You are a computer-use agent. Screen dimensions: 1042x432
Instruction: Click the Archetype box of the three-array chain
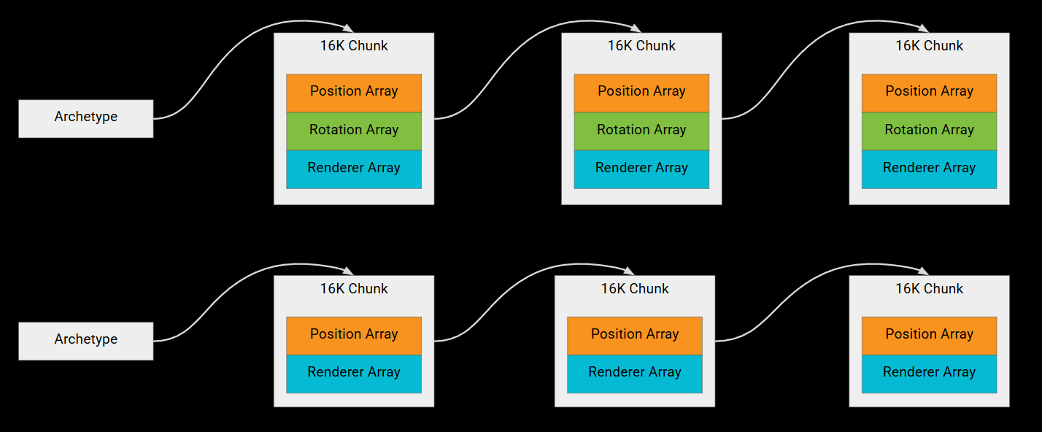point(86,118)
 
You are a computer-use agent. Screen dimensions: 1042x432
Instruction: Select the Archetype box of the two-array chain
point(86,341)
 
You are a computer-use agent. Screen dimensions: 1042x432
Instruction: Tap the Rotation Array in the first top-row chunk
point(354,131)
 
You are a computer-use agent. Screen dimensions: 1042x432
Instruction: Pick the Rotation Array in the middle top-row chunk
point(641,131)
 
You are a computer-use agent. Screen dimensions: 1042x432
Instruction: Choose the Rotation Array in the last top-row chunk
point(930,131)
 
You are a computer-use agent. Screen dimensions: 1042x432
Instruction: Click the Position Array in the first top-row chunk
point(354,93)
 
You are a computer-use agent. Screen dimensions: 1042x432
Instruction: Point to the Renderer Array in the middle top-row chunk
point(641,169)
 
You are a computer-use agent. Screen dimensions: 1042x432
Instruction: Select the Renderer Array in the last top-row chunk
point(930,169)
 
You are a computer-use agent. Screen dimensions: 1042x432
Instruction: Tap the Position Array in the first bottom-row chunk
point(354,336)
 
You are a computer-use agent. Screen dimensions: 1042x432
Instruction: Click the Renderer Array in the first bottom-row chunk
point(354,374)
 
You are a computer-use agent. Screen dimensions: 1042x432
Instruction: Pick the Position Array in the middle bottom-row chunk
point(635,336)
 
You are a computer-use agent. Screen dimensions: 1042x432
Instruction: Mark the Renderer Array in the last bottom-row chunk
point(930,374)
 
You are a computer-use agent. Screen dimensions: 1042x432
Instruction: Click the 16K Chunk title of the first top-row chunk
point(354,45)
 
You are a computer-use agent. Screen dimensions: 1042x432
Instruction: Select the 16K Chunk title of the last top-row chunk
point(930,45)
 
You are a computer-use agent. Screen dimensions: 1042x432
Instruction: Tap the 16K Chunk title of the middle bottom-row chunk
point(635,288)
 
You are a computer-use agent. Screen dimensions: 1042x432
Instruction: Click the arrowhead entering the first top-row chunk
point(348,28)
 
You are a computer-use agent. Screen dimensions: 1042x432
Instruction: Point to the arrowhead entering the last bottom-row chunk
point(924,271)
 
